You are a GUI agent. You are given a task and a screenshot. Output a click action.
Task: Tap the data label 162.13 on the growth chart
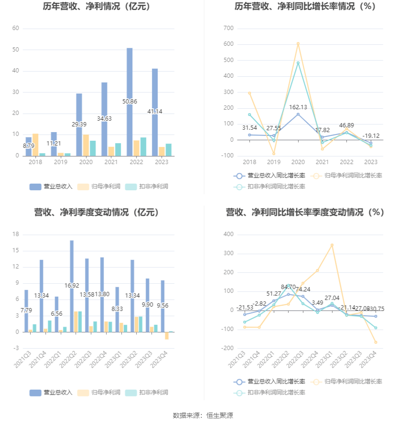[298, 107]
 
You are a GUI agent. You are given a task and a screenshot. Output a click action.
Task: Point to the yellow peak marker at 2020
[298, 44]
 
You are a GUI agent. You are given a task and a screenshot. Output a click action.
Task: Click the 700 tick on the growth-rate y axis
[228, 28]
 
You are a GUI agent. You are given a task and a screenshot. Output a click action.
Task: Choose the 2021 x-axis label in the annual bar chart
[111, 163]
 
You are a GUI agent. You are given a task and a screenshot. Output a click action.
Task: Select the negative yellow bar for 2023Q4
[167, 335]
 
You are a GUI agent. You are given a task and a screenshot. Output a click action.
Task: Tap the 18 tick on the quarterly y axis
[16, 234]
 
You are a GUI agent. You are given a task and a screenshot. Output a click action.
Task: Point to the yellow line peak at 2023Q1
[332, 245]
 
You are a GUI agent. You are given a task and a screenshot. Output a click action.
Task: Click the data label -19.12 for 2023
[371, 136]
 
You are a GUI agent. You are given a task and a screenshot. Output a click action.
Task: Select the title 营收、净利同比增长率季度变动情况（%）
[305, 212]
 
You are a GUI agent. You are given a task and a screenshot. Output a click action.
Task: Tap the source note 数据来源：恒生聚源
[203, 415]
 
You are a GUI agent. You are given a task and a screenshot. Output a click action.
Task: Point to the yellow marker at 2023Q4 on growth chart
[375, 342]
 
